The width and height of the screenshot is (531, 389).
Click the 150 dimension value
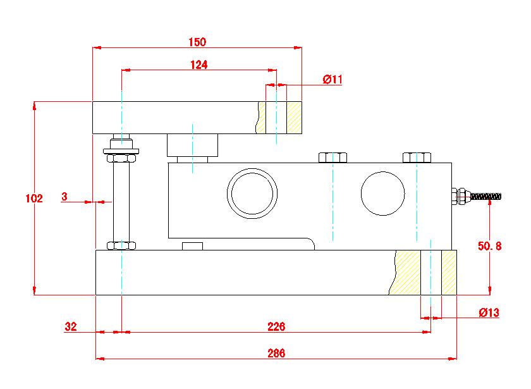197,42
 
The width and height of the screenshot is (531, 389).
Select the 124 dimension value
198,65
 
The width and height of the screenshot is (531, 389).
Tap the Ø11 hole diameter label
332,79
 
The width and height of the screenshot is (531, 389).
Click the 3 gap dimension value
64,197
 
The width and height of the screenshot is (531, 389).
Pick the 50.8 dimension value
489,247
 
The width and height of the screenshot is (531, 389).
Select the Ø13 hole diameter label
489,312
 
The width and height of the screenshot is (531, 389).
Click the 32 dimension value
71,327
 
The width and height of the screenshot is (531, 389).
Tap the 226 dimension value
276,327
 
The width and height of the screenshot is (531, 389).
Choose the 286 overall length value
276,353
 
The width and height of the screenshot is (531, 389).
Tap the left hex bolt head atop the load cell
333,157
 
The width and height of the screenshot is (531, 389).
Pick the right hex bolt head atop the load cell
417,157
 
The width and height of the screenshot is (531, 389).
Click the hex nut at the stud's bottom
121,245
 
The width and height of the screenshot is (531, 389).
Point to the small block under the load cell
192,245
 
